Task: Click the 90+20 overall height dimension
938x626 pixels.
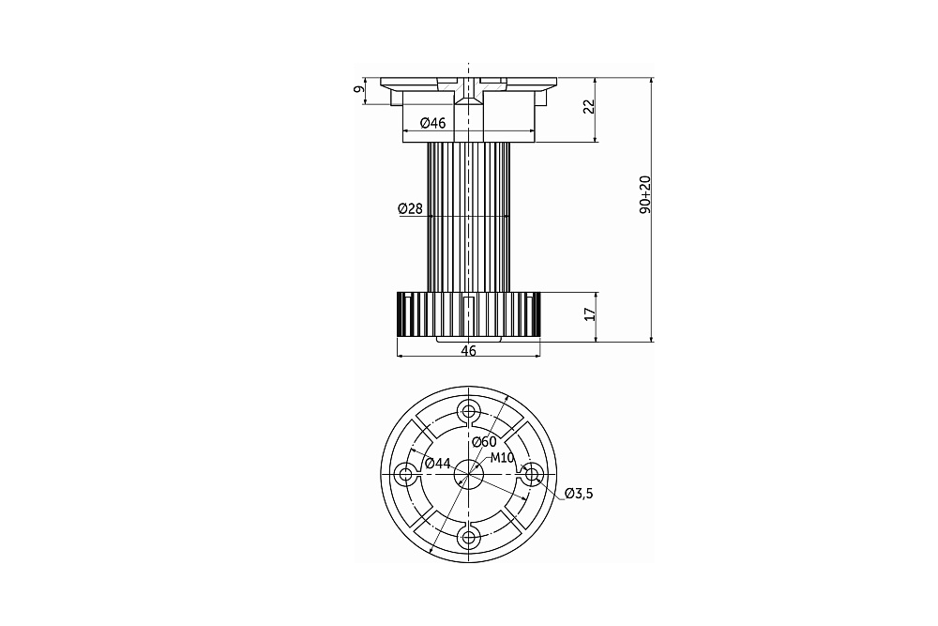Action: coord(645,195)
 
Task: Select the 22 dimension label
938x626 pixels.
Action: coord(589,107)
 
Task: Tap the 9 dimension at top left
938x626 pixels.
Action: coord(358,89)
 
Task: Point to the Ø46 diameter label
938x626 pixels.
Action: coord(433,123)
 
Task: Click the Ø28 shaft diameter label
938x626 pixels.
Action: coord(411,209)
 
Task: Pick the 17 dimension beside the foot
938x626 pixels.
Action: coord(590,314)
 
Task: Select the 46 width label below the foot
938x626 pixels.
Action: coord(469,351)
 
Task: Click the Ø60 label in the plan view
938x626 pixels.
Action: coord(484,442)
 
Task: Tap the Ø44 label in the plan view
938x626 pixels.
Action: coord(437,463)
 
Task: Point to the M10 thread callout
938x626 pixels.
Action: coord(503,458)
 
